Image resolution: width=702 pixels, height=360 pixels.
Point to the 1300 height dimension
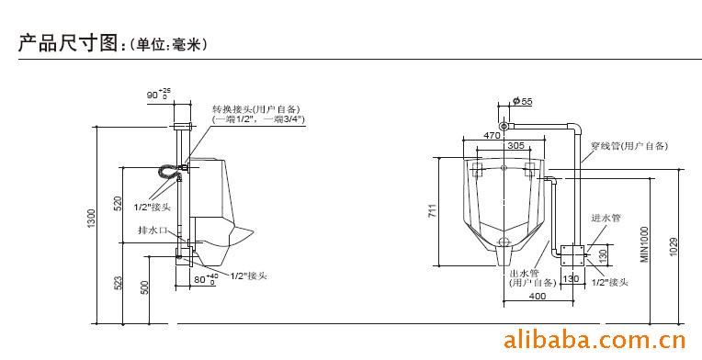click(90, 221)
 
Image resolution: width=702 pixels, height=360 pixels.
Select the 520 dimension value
click(118, 202)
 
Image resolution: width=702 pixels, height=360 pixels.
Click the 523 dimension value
click(118, 284)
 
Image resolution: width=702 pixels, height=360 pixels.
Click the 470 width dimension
click(493, 136)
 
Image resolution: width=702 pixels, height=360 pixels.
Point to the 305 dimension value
click(515, 146)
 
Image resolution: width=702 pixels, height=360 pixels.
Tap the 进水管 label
click(606, 218)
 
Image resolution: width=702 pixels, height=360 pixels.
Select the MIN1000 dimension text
click(644, 245)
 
